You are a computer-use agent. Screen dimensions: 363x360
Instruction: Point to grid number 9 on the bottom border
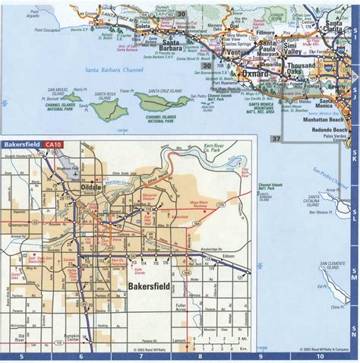coord(261,356)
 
